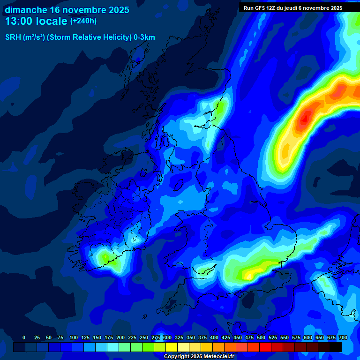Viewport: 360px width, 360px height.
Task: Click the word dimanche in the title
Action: click(26, 10)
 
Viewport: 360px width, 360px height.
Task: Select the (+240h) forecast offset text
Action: click(83, 21)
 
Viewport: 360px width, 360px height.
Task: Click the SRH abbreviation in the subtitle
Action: click(13, 37)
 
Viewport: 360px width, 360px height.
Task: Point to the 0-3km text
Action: click(144, 37)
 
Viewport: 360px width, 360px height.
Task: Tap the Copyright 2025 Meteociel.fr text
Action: click(199, 357)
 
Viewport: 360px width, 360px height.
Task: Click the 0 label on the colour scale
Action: click(24, 337)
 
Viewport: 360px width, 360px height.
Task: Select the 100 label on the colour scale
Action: click(74, 337)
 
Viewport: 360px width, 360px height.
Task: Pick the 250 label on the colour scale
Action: click(144, 337)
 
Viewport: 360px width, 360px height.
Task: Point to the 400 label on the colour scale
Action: click(214, 337)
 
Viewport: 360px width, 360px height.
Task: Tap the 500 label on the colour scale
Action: click(261, 337)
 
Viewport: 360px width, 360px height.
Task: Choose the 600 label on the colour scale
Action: click(308, 337)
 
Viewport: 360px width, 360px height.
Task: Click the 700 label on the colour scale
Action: click(343, 337)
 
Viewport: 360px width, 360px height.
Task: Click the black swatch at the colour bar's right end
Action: click(336, 347)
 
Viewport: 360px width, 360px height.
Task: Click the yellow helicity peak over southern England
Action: click(255, 271)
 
